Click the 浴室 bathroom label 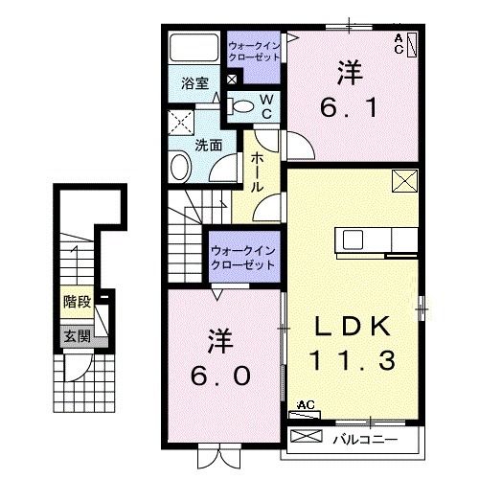pyautogui.click(x=195, y=83)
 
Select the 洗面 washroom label pyautogui.click(x=209, y=146)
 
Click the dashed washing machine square pyautogui.click(x=180, y=124)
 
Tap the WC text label pyautogui.click(x=267, y=104)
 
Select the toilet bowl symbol pyautogui.click(x=243, y=106)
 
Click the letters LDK pyautogui.click(x=354, y=328)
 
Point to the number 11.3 pyautogui.click(x=354, y=362)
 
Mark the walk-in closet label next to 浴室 pyautogui.click(x=254, y=50)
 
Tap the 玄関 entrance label pyautogui.click(x=78, y=336)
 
